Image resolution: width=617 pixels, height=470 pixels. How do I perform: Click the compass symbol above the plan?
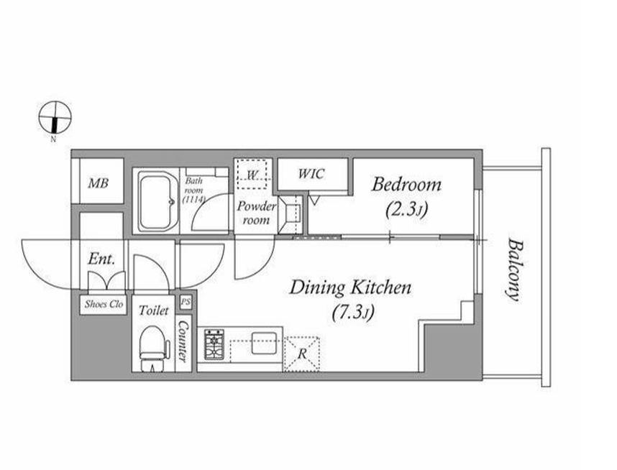55,117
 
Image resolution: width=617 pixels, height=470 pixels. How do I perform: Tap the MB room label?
99,183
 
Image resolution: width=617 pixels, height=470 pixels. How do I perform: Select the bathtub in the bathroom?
157,203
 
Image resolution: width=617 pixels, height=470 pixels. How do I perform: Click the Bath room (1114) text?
194,190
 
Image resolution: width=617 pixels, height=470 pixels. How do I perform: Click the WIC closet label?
311,173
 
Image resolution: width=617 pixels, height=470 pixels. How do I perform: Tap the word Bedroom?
406,185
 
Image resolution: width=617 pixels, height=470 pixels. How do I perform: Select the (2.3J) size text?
406,209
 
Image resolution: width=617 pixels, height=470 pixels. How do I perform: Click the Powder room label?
256,213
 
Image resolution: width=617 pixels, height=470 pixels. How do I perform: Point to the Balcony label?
513,269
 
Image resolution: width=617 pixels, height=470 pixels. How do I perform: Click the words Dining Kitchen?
350,287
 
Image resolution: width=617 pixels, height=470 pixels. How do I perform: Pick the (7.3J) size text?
352,313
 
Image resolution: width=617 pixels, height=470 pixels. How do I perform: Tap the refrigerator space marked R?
302,354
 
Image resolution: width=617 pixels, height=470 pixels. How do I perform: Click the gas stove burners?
214,344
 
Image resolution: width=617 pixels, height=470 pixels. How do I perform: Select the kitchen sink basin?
264,343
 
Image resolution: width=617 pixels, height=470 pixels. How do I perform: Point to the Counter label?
183,341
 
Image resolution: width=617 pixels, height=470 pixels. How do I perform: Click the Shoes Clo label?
104,304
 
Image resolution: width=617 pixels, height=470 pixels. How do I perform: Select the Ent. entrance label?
101,259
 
